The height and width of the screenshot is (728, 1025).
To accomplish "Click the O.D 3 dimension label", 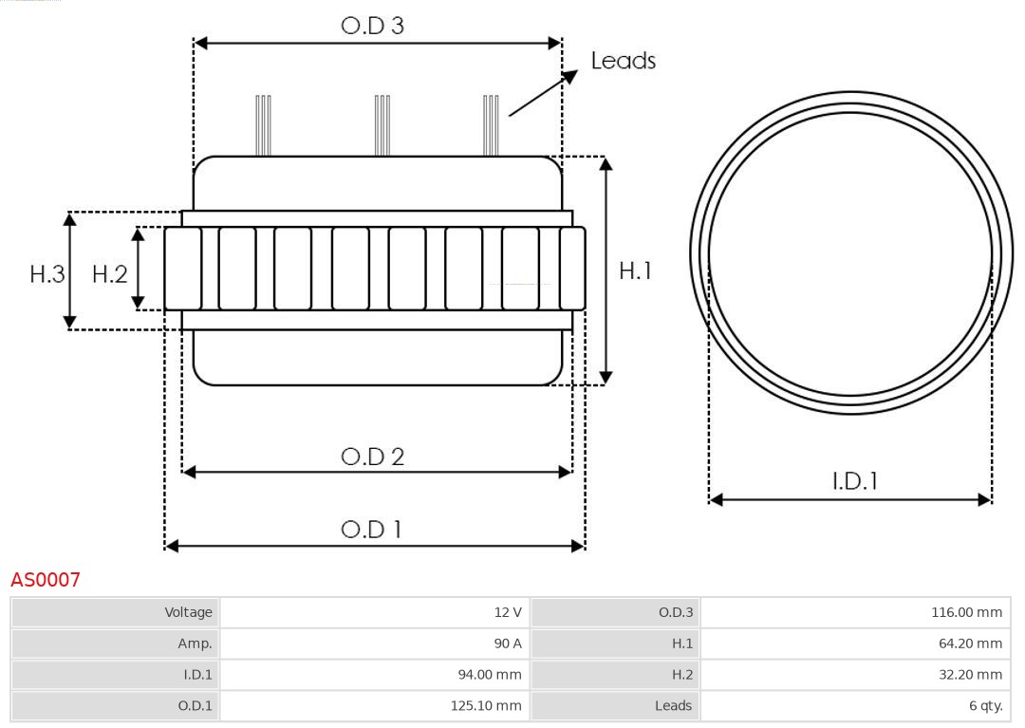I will coord(372,26).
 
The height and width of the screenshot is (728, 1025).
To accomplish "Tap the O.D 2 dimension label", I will coord(372,457).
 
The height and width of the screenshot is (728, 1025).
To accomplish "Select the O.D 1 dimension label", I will coord(371,529).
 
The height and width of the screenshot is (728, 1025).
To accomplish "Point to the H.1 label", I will coord(635,271).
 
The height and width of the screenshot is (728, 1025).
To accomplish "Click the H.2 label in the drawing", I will coord(109,274).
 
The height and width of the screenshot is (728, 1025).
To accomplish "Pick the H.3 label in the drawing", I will coord(47,274).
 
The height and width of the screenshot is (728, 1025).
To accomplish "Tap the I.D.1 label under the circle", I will coord(854,481).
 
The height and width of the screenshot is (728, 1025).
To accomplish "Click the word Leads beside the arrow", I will coord(623,61).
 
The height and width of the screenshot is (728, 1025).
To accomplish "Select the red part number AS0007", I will coord(46,579).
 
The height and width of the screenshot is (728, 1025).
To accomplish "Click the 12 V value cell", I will coord(374,612).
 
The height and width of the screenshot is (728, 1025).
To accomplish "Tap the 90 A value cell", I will coord(374,643).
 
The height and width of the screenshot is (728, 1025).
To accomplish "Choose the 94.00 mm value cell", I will coord(374,674).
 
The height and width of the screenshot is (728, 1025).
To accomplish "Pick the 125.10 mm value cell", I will coord(374,705).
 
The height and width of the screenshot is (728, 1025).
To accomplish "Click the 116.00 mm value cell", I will coord(854,612).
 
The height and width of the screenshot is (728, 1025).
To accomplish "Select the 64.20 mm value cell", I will coord(854,643).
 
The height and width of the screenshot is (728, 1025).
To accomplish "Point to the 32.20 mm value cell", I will coord(854,674).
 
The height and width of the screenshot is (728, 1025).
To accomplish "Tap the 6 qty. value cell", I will coord(854,705).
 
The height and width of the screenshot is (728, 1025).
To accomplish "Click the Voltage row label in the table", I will coord(115,612).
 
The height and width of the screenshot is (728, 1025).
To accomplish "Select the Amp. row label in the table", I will coord(115,643).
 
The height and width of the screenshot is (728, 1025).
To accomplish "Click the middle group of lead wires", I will coord(382,125).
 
